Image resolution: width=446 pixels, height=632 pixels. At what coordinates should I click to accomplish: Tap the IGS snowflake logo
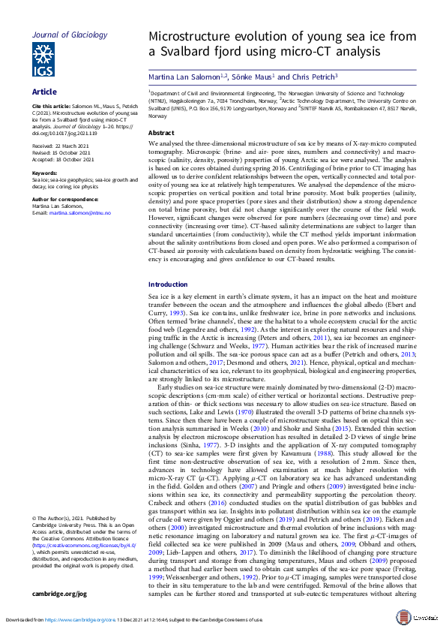[43, 59]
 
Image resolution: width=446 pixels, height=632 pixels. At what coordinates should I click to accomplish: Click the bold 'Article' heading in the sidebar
[44, 92]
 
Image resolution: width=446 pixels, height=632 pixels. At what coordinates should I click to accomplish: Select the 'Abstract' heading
[161, 132]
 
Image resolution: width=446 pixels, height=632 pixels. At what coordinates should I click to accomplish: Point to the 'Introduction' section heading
[168, 284]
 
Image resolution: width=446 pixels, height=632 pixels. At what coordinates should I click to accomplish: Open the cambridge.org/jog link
[59, 593]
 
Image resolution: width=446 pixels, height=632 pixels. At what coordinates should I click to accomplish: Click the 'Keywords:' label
[45, 173]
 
